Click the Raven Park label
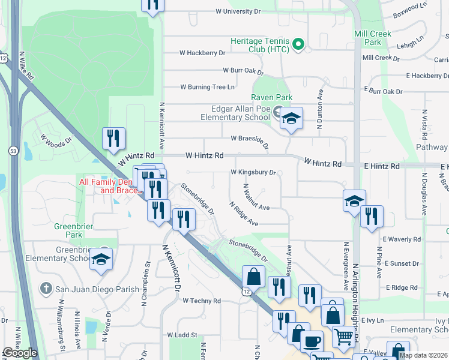tap(272, 97)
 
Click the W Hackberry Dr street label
tap(202, 53)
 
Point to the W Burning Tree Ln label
tap(207, 87)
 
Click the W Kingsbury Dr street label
tap(253, 172)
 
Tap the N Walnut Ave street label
tap(256, 197)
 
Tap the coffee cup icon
tap(310, 341)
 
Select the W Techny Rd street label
tap(202, 301)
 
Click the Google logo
tap(19, 353)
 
